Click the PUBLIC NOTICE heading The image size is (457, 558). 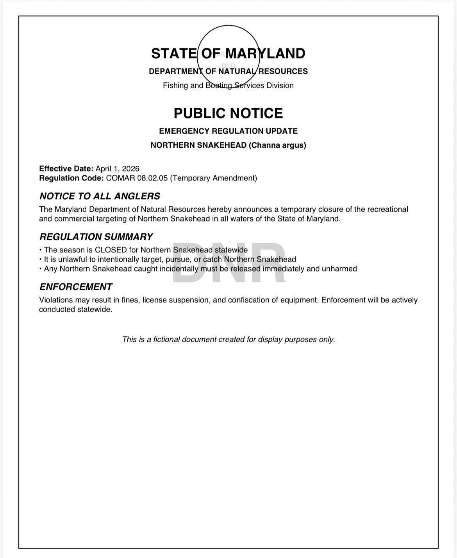(228, 113)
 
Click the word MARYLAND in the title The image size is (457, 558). (265, 54)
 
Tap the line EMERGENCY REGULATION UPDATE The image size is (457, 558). (228, 131)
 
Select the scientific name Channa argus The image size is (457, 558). (277, 145)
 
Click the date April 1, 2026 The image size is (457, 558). (117, 169)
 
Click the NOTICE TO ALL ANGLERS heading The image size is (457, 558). (100, 196)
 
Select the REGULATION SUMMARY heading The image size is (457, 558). (96, 237)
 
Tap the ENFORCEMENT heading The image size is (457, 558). (75, 287)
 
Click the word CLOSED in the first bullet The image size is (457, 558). (111, 250)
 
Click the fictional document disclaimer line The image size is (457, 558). (228, 340)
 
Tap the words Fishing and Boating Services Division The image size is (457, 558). (228, 86)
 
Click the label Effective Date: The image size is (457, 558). (66, 169)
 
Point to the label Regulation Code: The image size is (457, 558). (71, 178)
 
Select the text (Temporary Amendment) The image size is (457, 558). (213, 178)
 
